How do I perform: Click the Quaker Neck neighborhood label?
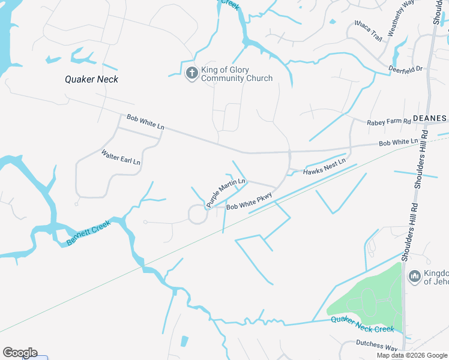point(92,79)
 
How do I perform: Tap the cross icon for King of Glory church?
point(192,73)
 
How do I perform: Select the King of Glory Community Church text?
point(237,74)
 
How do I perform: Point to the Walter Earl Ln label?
point(121,158)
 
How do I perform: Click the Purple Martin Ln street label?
point(226,193)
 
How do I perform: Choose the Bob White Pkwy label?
point(249,202)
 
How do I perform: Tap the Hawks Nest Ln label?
point(324,167)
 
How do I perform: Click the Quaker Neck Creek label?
point(362,325)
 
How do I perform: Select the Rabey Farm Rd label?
point(388,122)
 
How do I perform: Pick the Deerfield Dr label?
point(406,68)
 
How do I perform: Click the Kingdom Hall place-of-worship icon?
point(414,276)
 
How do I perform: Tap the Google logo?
point(20,353)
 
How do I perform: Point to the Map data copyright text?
point(412,355)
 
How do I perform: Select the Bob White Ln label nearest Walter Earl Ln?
point(145,122)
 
